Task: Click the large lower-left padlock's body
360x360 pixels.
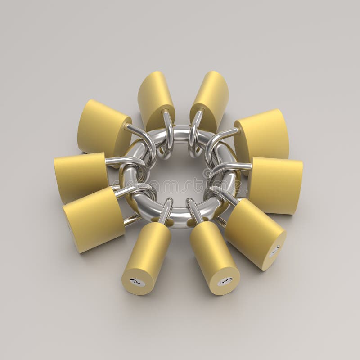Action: click(92, 218)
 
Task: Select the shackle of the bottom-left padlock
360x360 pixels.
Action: click(165, 210)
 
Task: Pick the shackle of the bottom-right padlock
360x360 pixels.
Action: click(194, 211)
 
